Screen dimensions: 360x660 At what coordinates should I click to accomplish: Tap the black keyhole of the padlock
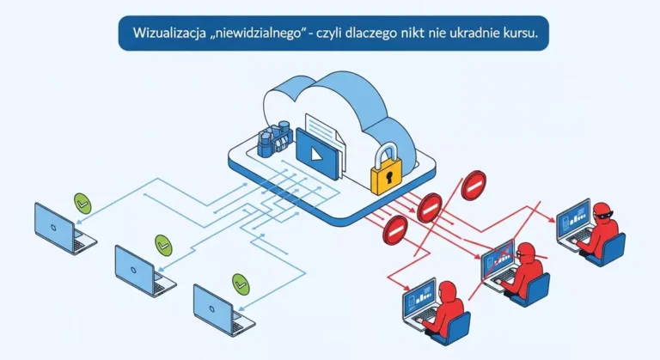(x=388, y=179)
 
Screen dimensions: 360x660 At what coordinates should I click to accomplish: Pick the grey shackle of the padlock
(x=388, y=151)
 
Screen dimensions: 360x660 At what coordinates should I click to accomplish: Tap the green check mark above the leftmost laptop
(x=83, y=204)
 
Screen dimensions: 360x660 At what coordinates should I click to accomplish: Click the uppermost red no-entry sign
(x=474, y=184)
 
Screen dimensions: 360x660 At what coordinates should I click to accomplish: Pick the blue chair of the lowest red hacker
(x=460, y=329)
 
